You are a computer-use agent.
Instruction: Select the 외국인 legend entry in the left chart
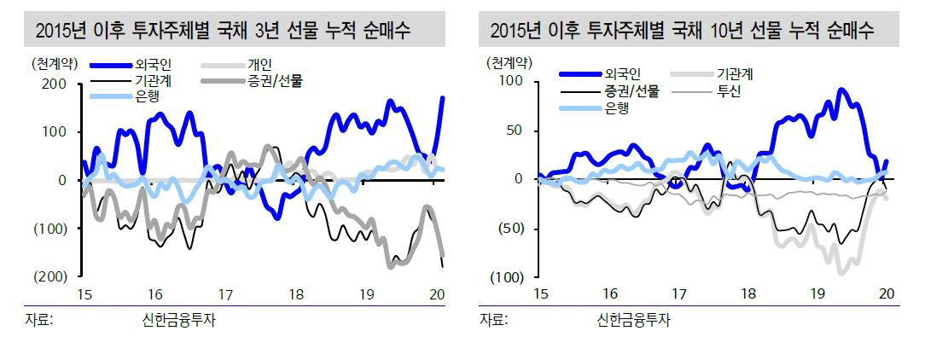click(154, 65)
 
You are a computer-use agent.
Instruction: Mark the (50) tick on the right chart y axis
click(514, 229)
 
